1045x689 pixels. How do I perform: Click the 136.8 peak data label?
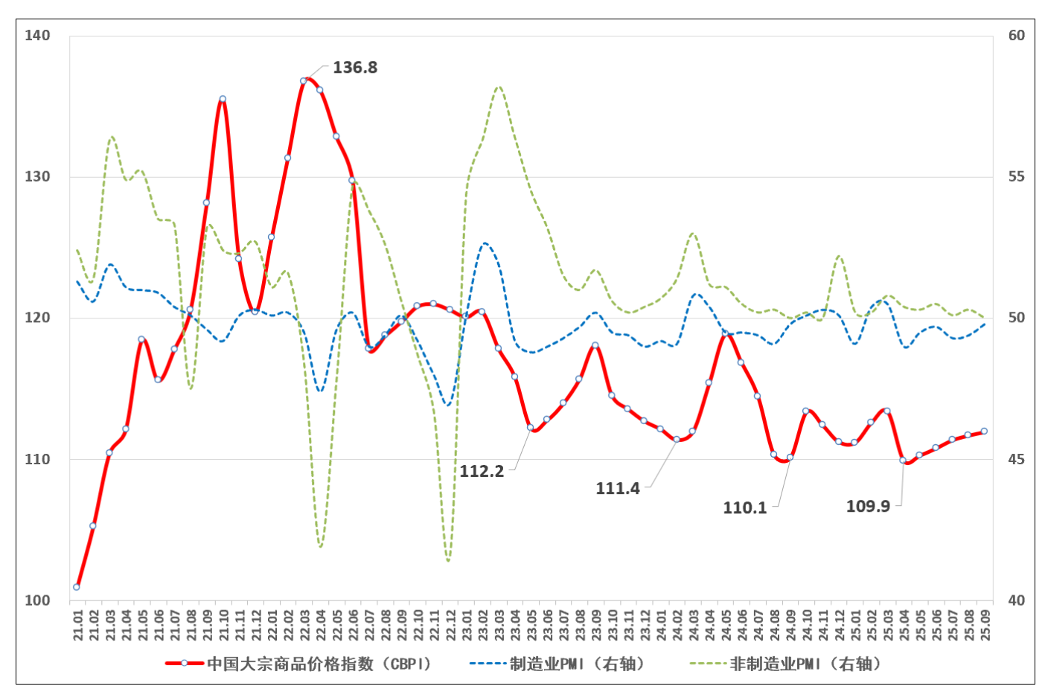(354, 68)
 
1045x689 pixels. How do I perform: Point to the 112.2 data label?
(482, 471)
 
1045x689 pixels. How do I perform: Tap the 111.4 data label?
(617, 488)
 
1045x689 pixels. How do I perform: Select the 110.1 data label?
(744, 507)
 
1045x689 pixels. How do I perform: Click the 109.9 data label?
(868, 506)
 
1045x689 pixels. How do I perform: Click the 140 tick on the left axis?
(37, 35)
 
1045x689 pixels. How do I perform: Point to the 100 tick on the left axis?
(37, 600)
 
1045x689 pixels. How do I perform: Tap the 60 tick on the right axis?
(1016, 35)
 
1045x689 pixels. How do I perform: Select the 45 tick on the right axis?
(1016, 459)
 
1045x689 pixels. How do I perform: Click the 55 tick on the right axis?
(1016, 176)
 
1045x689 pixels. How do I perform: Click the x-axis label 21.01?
(77, 624)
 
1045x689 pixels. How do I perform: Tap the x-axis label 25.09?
(985, 624)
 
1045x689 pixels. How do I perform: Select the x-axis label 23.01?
(467, 624)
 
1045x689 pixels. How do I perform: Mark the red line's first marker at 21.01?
(77, 587)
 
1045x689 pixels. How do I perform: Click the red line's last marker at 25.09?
(984, 431)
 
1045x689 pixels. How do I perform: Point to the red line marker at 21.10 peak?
(223, 99)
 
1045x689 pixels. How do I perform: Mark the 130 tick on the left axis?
(37, 176)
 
